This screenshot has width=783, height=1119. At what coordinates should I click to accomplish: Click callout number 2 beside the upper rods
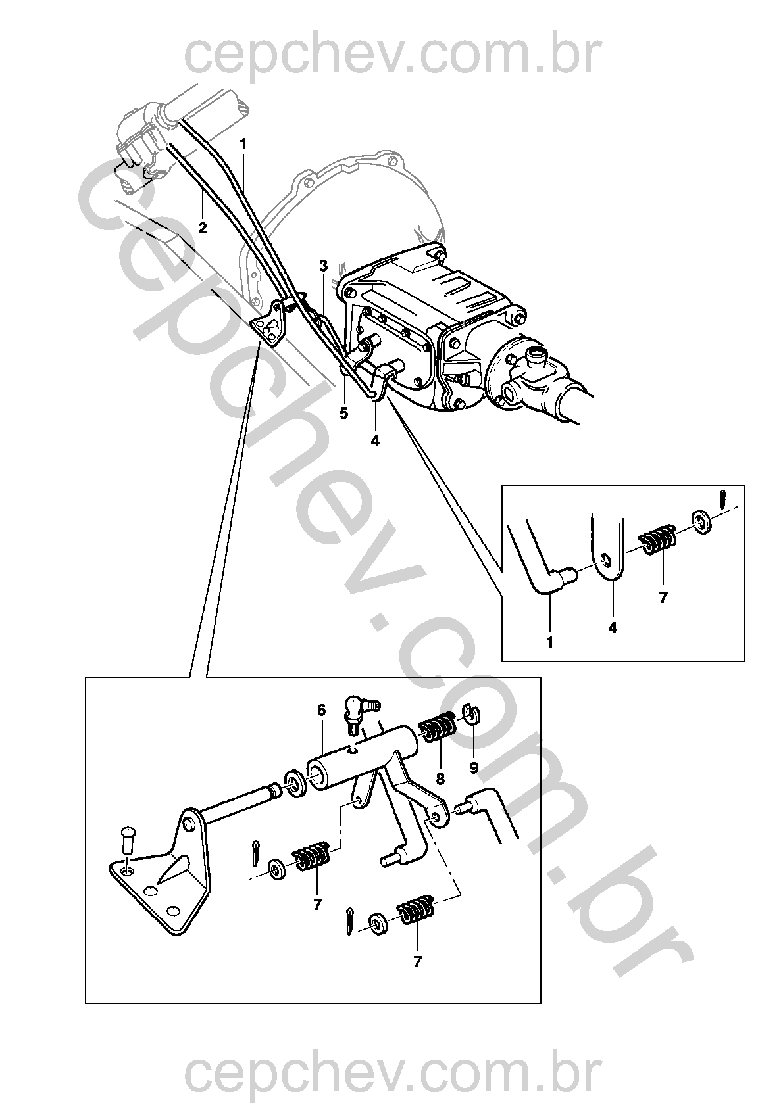point(202,228)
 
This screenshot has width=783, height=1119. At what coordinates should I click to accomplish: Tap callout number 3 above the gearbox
point(324,265)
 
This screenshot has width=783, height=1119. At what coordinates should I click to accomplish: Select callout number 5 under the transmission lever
point(344,414)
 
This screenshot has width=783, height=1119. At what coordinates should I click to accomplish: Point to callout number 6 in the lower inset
point(321,710)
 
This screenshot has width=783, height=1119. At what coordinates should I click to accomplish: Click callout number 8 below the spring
point(440,779)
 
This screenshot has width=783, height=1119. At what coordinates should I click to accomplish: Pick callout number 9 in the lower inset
point(474,767)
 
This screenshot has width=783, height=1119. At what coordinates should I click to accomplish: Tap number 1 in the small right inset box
point(550,642)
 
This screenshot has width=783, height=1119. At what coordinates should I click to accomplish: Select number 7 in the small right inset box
point(663,597)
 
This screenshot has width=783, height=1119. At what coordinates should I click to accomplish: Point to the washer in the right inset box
point(702,521)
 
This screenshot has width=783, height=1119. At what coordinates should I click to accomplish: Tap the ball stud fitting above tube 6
point(359,713)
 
